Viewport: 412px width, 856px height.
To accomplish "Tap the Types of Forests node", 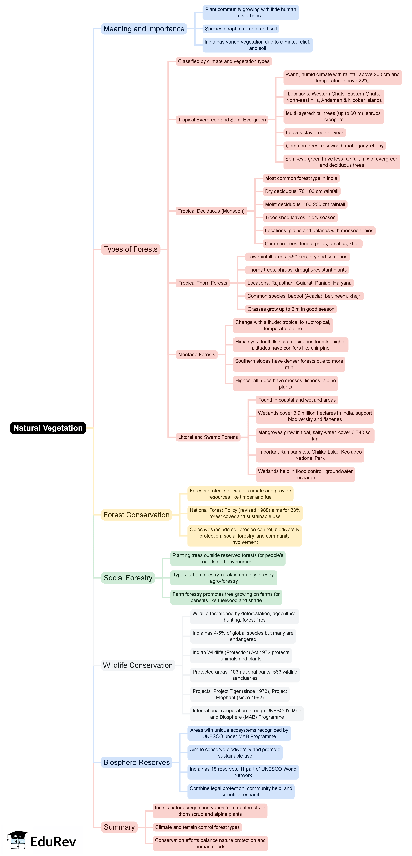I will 130,249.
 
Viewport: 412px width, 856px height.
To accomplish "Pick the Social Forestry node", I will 128,578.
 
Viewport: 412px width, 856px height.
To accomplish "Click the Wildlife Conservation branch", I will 138,665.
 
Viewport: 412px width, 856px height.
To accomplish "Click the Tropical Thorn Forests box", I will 203,283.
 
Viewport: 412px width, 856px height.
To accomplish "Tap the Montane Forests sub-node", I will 197,355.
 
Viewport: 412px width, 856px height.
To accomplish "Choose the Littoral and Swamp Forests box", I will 208,437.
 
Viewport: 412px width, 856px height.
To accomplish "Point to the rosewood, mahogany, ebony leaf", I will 334,146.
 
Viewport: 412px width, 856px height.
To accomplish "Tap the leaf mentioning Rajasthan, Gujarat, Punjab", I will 299,283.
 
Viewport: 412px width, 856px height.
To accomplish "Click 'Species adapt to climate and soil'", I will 241,29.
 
